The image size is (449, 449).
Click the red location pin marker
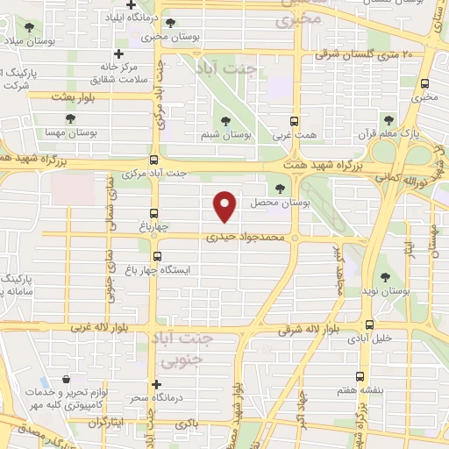(x=226, y=205)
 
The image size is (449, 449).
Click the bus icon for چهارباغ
(x=155, y=213)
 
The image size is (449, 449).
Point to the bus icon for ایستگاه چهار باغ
(x=157, y=257)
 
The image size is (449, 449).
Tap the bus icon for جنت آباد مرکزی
(x=154, y=160)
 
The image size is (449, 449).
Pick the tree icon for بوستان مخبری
(x=169, y=23)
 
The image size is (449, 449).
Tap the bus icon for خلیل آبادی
(x=369, y=324)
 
